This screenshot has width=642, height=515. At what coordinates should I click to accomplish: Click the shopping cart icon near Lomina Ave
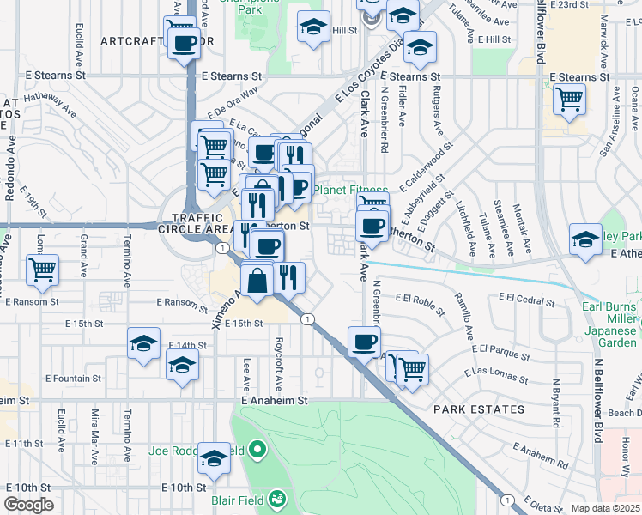[42, 270]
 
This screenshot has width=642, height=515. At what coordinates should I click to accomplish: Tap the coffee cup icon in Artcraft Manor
[184, 43]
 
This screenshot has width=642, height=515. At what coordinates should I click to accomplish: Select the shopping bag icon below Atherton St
[257, 279]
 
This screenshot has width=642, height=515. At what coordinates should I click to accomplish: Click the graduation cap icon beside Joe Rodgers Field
[214, 459]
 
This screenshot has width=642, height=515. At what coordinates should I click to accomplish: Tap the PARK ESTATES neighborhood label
[478, 409]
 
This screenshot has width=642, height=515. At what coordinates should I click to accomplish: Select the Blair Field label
[239, 499]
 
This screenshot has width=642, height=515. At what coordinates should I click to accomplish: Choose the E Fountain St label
[72, 378]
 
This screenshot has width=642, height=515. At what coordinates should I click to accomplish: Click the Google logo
[28, 506]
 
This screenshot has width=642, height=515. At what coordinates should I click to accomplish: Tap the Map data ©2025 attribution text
[604, 509]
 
